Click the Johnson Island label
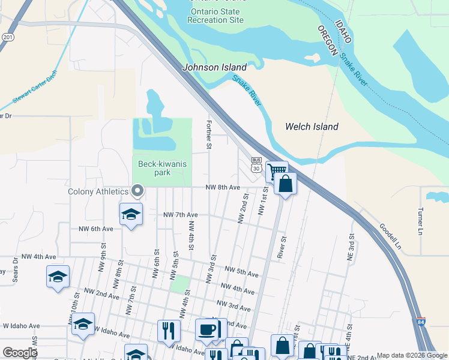pos(215,68)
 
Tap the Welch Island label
pos(312,127)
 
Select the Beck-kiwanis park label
pos(162,168)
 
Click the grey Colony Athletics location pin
pos(137,191)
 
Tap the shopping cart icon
pos(277,171)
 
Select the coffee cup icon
pos(207,329)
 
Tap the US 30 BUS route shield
pos(256,165)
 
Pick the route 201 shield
pos(7,37)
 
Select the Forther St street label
pos(209,134)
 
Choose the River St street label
pos(282,245)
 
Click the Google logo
pos(20,353)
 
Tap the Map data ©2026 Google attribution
pos(412,355)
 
